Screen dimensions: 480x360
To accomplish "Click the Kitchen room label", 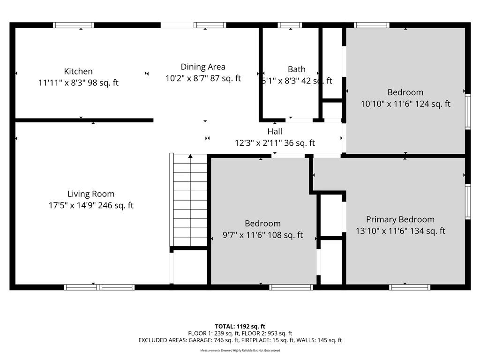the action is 78,71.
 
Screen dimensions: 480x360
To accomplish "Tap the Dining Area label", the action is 203,67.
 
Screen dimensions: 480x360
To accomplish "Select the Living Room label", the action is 91,194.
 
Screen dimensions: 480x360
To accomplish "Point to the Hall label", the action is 275,131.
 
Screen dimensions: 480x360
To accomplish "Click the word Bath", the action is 297,69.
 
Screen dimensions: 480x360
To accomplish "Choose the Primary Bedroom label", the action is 400,219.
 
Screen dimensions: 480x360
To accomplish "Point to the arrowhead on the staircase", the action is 190,156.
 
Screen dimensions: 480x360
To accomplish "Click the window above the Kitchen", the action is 73,25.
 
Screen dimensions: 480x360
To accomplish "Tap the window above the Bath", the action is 290,25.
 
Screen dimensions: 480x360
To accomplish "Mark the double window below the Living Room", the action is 99,287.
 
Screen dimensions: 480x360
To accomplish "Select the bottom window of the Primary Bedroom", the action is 410,287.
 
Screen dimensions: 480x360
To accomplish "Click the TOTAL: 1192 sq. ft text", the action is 240,326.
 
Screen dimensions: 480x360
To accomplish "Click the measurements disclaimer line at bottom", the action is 240,350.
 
